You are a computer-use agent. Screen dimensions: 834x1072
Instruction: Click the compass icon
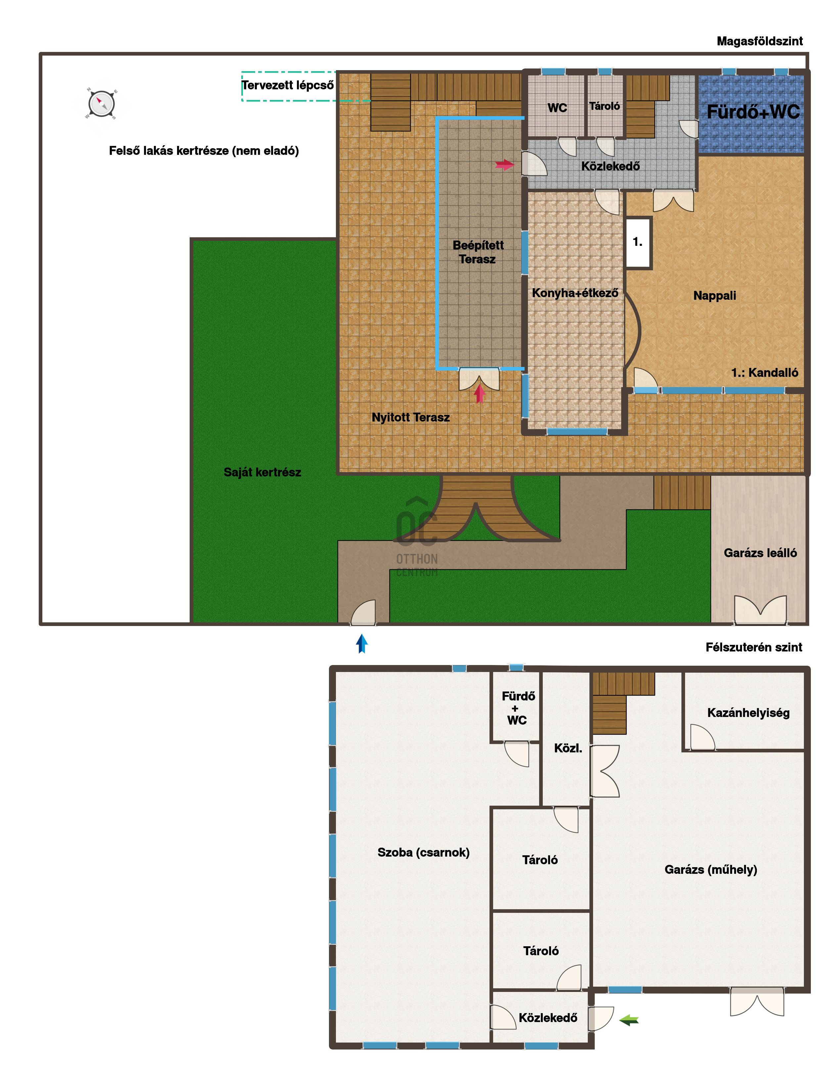[102, 104]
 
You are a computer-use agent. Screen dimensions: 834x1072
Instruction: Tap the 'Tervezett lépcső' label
[288, 85]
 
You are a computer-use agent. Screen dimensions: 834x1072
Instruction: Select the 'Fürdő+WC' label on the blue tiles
[753, 112]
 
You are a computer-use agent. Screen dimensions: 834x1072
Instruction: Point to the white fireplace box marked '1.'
[638, 242]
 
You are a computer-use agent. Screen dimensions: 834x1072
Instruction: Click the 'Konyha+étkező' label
[575, 293]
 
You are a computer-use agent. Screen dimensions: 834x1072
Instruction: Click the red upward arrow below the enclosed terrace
[480, 394]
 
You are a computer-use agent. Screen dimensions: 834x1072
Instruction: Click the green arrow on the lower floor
[629, 1020]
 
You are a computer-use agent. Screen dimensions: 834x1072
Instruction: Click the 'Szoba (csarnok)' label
[423, 852]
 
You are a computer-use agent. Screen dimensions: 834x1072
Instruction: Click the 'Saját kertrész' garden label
[262, 472]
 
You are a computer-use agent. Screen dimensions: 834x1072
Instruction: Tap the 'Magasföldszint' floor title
[760, 41]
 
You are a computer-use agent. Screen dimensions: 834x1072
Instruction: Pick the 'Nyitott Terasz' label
[410, 417]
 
